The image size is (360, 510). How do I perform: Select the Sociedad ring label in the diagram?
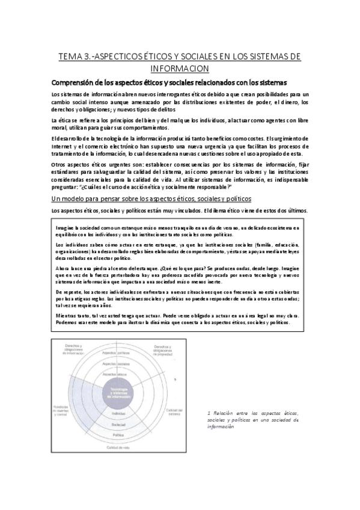pyautogui.click(x=118, y=425)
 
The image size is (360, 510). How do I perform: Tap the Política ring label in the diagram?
pyautogui.click(x=118, y=434)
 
